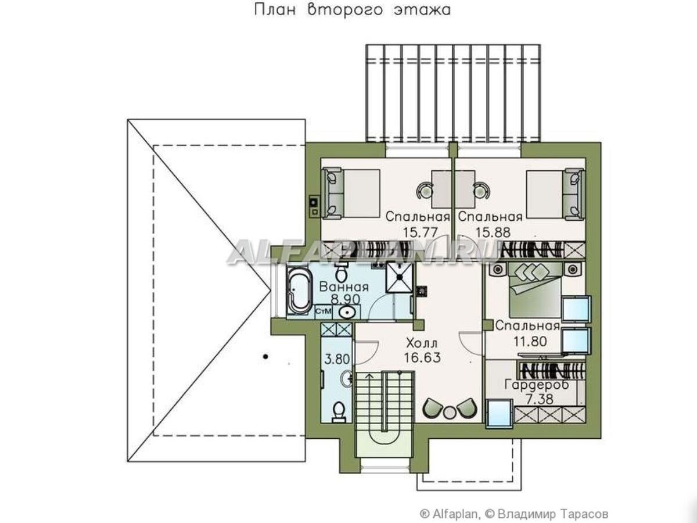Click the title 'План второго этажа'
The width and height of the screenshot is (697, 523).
tap(352, 10)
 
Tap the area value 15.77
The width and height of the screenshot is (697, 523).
tap(421, 232)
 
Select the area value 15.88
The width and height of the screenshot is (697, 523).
tap(493, 232)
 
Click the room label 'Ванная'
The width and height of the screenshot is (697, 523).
tap(344, 286)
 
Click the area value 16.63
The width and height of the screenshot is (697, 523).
tap(422, 357)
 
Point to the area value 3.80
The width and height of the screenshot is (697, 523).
tap(337, 359)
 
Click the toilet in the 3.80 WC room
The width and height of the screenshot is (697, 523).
tap(339, 412)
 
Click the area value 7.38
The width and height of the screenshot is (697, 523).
tap(540, 399)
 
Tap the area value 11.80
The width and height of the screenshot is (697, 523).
tap(530, 341)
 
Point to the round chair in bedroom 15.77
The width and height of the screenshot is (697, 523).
tap(425, 191)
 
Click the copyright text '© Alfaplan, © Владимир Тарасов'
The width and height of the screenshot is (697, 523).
tap(514, 505)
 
